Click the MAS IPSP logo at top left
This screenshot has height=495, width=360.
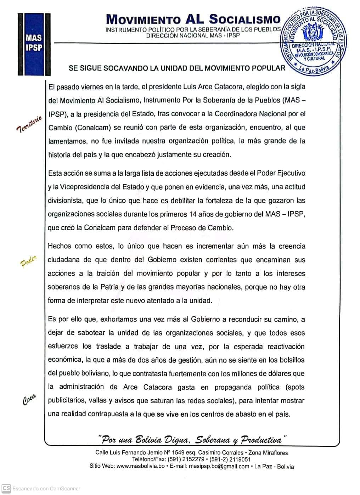34,44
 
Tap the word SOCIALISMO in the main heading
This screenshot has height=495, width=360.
244,19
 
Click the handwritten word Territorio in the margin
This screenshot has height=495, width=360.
29,123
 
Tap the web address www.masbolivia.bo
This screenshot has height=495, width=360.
141,466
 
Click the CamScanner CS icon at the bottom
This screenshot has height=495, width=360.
6,488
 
